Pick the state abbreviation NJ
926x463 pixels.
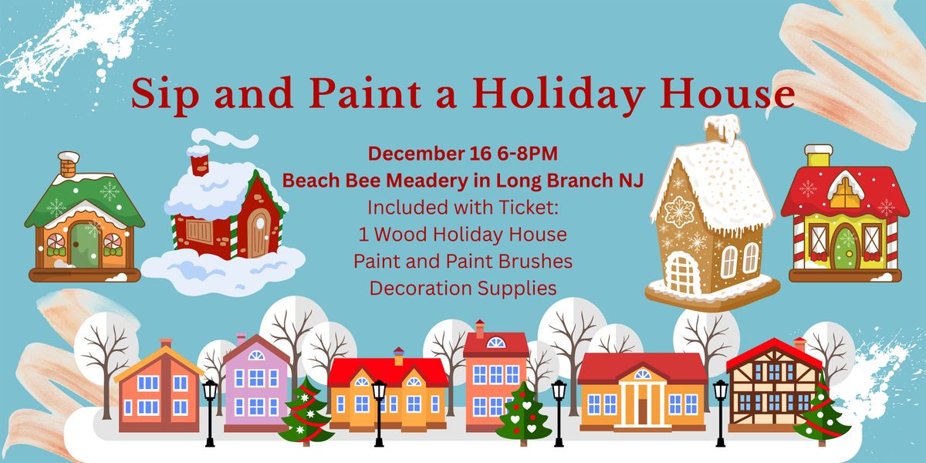point(630,181)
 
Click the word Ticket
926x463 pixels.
point(532,208)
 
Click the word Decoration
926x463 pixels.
point(420,289)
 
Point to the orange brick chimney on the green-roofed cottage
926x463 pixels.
point(68,164)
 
